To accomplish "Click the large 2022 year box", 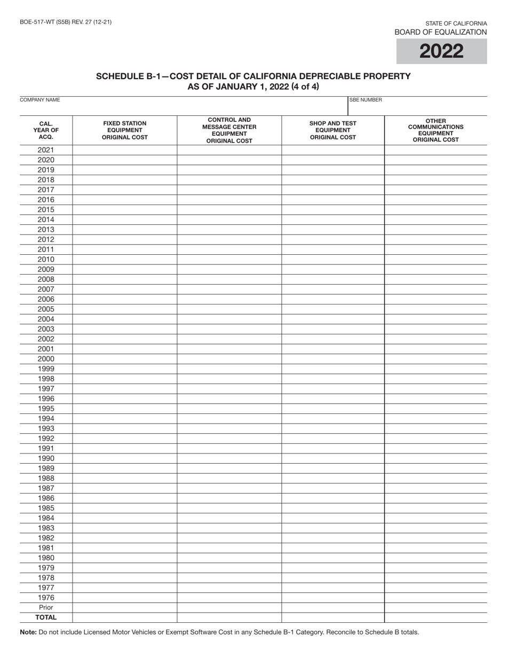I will [x=441, y=51].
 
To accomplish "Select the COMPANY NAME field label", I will [x=40, y=100].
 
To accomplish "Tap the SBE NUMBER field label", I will [x=366, y=100].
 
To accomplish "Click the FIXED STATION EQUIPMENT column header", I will [x=125, y=130].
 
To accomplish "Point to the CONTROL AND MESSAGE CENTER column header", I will [x=229, y=130].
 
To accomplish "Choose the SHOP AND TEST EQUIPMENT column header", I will [x=333, y=130].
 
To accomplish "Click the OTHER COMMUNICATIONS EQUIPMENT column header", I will [x=435, y=130].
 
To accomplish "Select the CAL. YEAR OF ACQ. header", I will [x=46, y=130].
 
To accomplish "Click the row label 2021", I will [x=46, y=150].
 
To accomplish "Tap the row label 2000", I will [x=46, y=359].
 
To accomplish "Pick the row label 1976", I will [x=46, y=598].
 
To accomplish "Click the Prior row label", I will [x=46, y=607].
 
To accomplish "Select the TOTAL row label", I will [x=46, y=617].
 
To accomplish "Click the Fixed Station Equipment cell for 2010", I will [x=125, y=260].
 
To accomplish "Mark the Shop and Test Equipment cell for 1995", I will [x=333, y=409].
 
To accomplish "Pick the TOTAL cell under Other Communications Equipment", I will [x=435, y=617].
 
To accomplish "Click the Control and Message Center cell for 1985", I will [x=229, y=508].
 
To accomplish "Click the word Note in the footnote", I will [x=28, y=632].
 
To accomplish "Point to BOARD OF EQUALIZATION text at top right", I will [x=440, y=32].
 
